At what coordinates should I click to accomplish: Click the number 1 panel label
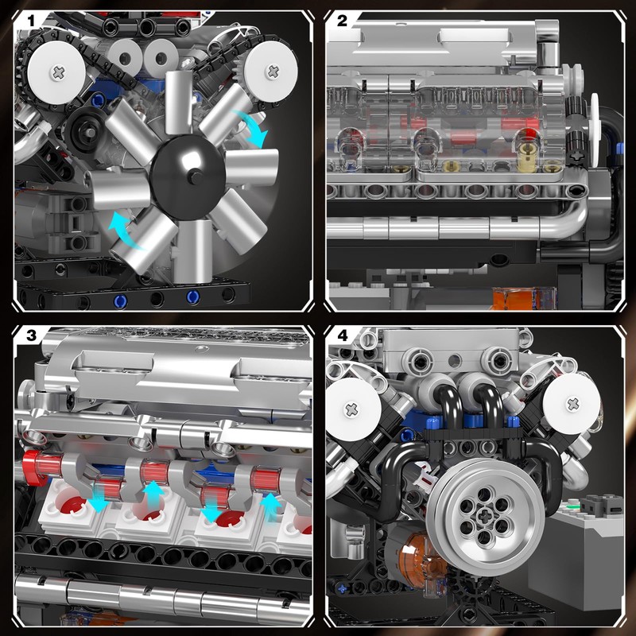[x=30, y=21]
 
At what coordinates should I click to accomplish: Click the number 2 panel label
[x=343, y=21]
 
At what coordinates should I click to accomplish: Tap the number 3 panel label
[x=30, y=335]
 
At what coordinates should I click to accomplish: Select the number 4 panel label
[x=343, y=335]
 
